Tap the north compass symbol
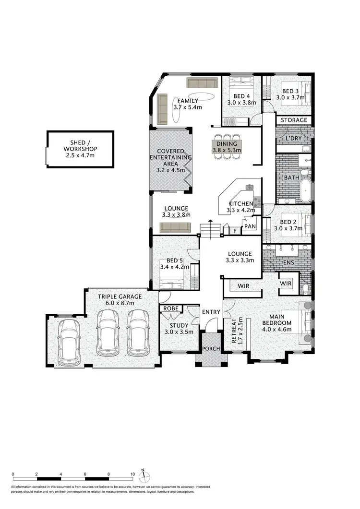point(143,476)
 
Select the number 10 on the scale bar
point(132,473)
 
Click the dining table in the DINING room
point(228,143)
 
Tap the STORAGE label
point(293,120)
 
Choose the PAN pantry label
point(250,226)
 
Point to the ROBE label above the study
point(171,308)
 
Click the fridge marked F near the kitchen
point(235,231)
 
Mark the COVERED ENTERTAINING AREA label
point(171,160)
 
